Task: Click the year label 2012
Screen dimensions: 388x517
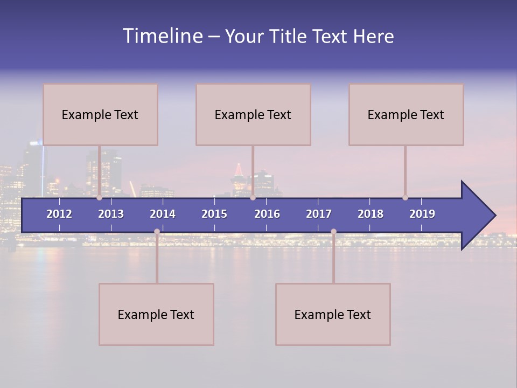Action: click(x=59, y=214)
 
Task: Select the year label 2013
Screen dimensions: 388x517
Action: click(x=111, y=214)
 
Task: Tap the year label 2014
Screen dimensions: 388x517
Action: click(x=163, y=214)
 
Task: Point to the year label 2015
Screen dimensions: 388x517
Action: click(x=214, y=214)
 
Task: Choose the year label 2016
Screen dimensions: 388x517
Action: click(x=267, y=214)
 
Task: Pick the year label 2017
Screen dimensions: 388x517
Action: click(x=319, y=214)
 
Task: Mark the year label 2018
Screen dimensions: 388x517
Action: click(x=371, y=214)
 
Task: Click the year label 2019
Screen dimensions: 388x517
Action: click(x=422, y=214)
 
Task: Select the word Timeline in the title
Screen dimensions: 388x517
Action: click(x=162, y=36)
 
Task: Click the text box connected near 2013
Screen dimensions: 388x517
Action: click(x=100, y=114)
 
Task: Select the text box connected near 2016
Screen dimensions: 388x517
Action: click(x=253, y=114)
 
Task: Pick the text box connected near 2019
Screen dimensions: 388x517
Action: click(x=406, y=114)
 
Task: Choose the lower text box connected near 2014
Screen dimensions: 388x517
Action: click(x=156, y=314)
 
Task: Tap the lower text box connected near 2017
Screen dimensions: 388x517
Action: click(x=333, y=314)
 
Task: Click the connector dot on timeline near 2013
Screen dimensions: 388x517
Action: click(x=100, y=198)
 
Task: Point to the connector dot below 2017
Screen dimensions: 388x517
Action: click(x=333, y=231)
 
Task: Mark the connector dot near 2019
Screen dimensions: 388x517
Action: click(x=405, y=198)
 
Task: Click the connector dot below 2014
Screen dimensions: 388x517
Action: click(x=157, y=231)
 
